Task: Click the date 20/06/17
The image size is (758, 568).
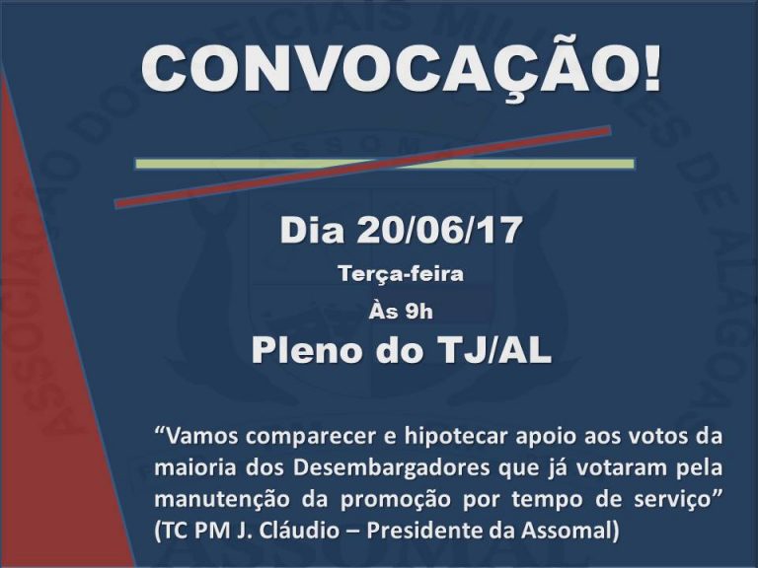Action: coord(439,230)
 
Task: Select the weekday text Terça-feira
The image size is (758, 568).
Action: coord(401,274)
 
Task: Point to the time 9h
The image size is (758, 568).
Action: coord(419,312)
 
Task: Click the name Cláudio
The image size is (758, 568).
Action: coord(299,532)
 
